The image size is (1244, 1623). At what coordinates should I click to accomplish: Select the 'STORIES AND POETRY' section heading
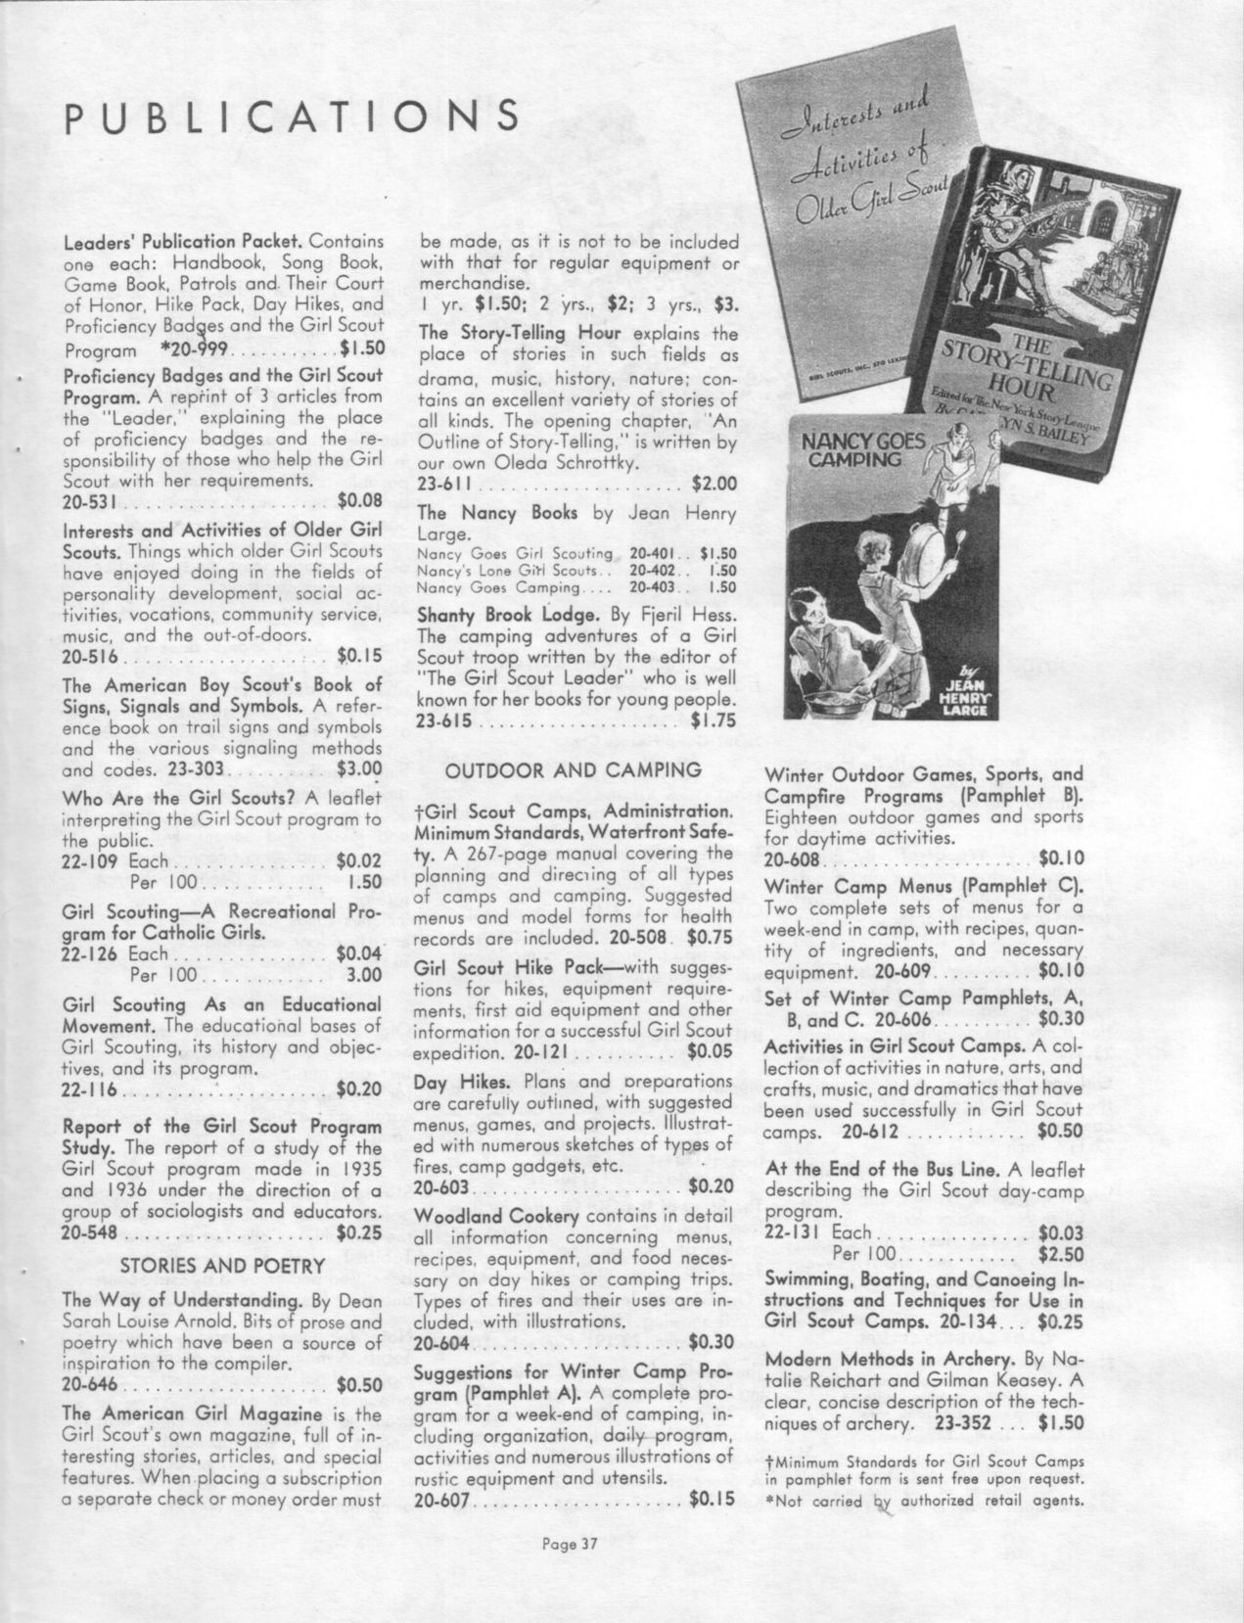[x=222, y=1266]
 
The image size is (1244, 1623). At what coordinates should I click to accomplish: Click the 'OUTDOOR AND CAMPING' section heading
[x=574, y=770]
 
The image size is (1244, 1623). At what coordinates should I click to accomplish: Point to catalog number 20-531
[x=89, y=502]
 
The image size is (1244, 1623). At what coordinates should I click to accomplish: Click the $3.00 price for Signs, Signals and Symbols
[x=358, y=769]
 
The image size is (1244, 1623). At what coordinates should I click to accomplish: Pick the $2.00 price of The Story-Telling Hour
[x=714, y=484]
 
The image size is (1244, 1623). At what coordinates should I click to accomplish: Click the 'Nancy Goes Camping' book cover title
[x=862, y=448]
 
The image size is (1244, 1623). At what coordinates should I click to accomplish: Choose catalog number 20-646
[x=89, y=1385]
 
